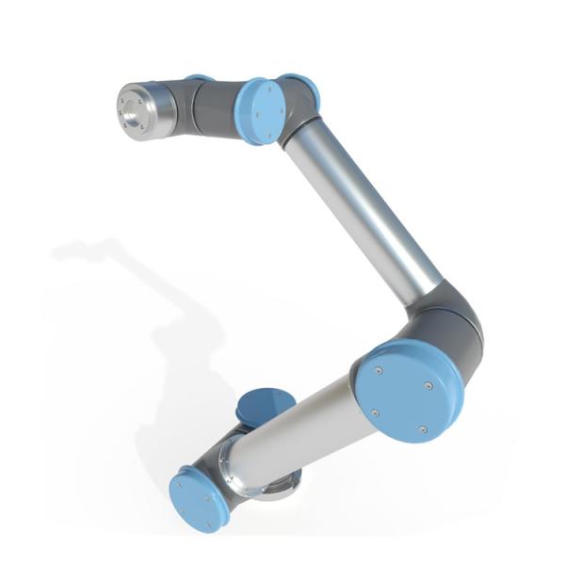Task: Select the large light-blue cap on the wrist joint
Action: pyautogui.click(x=260, y=110)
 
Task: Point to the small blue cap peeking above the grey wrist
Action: pyautogui.click(x=199, y=79)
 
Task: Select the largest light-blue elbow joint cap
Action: pyautogui.click(x=409, y=390)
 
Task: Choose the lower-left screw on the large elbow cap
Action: pyautogui.click(x=375, y=412)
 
